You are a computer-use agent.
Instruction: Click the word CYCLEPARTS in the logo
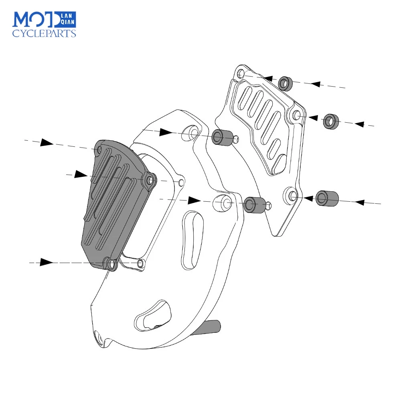click(44, 34)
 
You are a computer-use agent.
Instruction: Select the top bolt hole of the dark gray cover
click(99, 150)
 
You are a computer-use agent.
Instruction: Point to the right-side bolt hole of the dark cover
click(150, 180)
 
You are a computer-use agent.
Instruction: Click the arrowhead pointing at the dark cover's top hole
click(47, 142)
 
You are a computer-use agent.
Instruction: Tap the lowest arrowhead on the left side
click(47, 262)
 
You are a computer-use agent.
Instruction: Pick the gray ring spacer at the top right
click(285, 83)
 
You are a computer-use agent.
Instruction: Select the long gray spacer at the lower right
click(327, 198)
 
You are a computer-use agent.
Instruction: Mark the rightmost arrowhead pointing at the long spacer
click(360, 202)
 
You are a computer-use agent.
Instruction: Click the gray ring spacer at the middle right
click(331, 122)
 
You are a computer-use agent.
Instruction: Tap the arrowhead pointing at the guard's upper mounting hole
click(166, 132)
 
